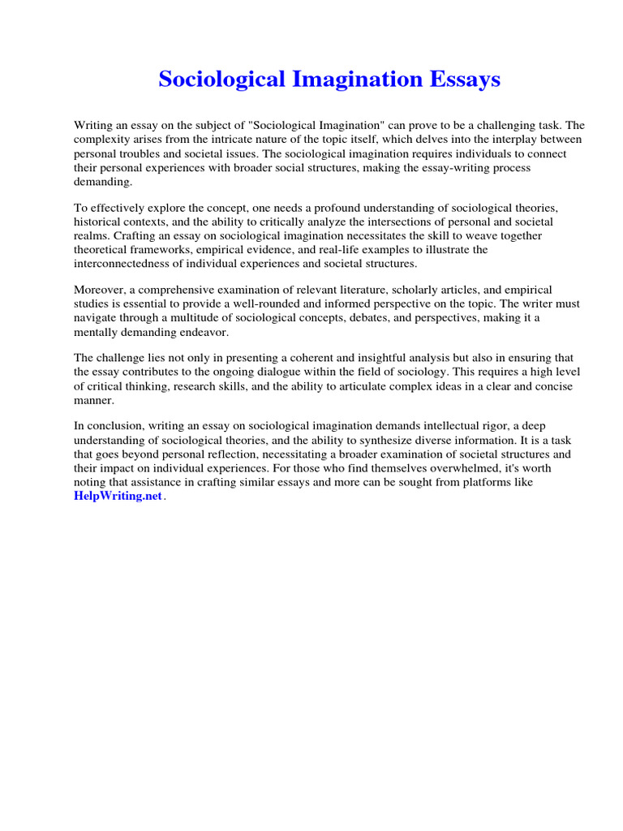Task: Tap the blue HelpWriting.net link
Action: click(x=118, y=497)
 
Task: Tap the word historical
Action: click(x=100, y=222)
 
